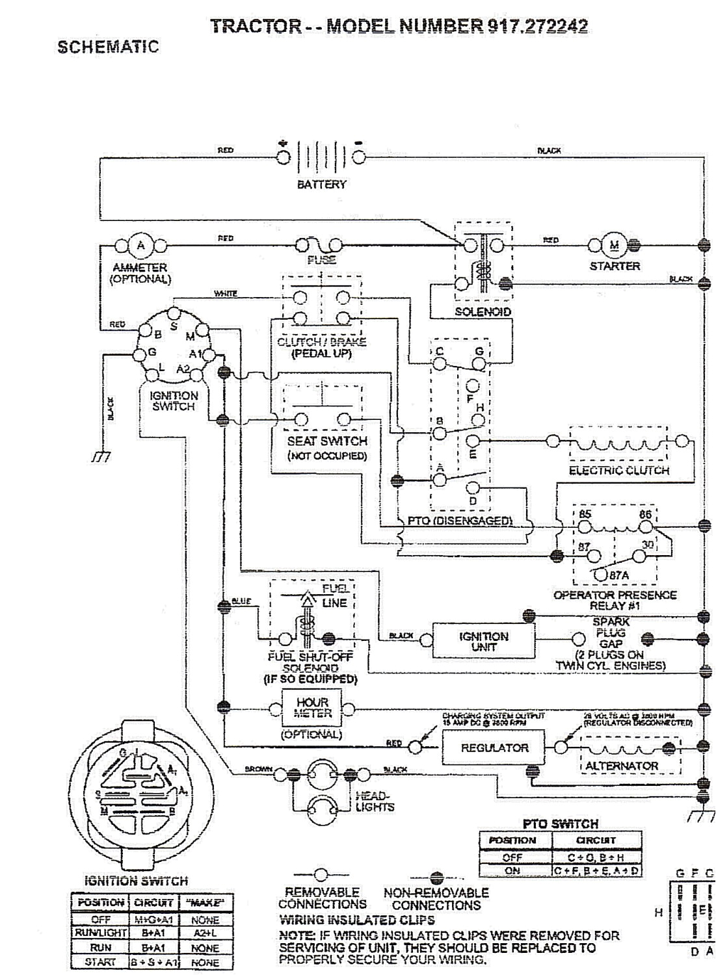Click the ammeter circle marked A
[140, 245]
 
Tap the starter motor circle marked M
[614, 245]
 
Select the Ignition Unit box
[483, 641]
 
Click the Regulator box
[494, 747]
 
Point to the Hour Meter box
[312, 708]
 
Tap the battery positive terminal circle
[284, 157]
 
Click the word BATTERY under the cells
[321, 185]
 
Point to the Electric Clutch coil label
[618, 470]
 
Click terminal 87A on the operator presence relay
[600, 574]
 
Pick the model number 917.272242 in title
[535, 26]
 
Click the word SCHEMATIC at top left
[108, 47]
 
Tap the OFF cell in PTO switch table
[512, 857]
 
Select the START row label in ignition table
[100, 962]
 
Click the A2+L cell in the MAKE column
[205, 933]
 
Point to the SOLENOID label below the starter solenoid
[483, 311]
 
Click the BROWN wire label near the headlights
[258, 769]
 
